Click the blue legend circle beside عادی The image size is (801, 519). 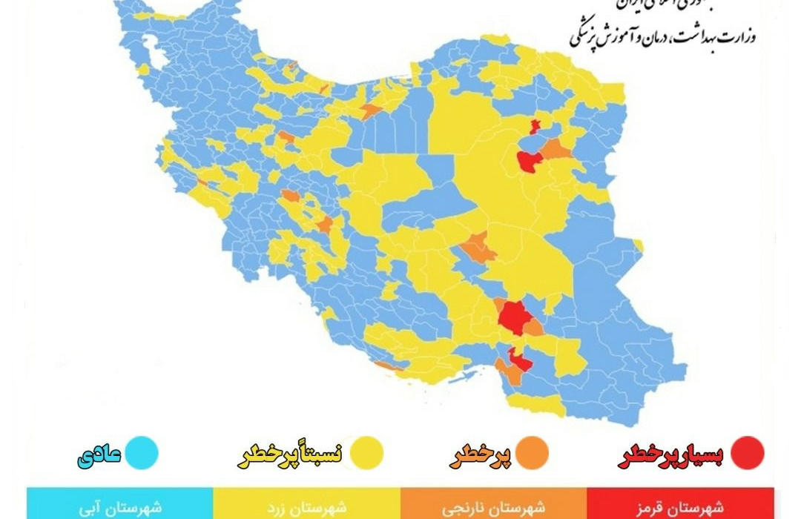click(142, 454)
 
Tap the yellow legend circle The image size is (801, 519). click(366, 454)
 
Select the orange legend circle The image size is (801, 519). click(532, 454)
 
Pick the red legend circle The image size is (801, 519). click(747, 454)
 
